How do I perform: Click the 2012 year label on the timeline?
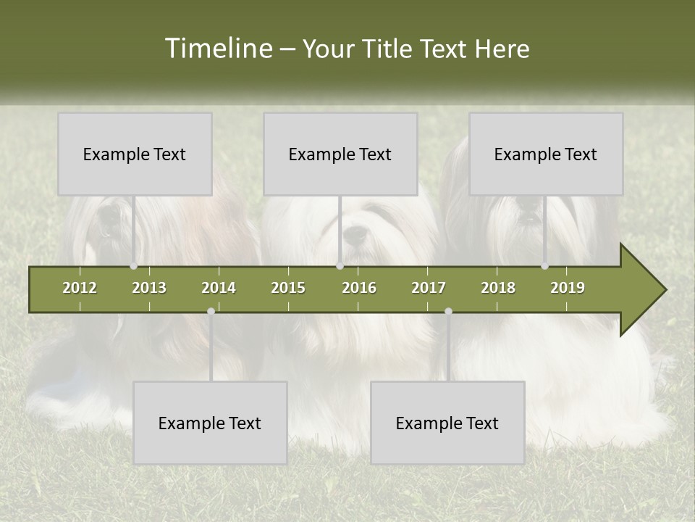pos(80,288)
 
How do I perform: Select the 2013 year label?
pos(149,288)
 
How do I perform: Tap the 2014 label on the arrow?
pos(219,288)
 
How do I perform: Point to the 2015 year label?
pos(288,288)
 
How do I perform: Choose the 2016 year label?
pos(359,288)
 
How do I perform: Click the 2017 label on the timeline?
pos(429,288)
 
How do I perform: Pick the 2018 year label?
pos(498,288)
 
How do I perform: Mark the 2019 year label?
pos(568,288)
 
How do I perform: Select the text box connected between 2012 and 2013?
pos(135,154)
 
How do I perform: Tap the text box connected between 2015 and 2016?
pos(340,154)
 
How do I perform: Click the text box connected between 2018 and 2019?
pos(546,154)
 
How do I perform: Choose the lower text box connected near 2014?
pos(210,423)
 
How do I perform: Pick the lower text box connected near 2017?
pos(447,423)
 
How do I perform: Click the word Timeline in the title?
pos(217,49)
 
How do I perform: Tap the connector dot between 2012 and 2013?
pos(134,266)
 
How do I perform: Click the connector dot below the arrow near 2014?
pos(211,311)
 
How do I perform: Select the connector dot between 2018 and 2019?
pos(545,266)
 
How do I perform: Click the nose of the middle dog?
pos(355,234)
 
